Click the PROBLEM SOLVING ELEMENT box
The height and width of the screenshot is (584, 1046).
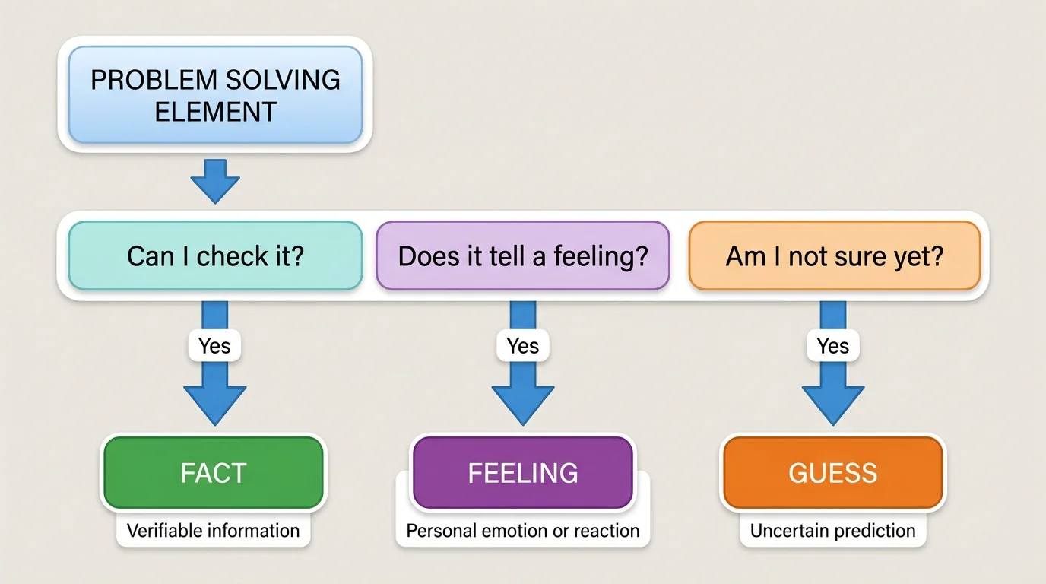[x=215, y=95]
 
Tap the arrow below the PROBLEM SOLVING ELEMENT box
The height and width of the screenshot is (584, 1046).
[x=215, y=181]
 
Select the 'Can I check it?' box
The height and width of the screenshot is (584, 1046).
[x=215, y=255]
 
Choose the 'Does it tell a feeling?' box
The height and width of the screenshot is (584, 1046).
[x=523, y=255]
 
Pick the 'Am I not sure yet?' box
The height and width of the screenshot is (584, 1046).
[x=834, y=255]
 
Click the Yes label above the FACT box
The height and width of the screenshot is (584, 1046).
[x=214, y=346]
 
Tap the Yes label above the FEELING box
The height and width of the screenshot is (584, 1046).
[x=523, y=346]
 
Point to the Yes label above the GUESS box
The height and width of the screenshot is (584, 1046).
[x=832, y=346]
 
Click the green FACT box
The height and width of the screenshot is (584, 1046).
[x=214, y=473]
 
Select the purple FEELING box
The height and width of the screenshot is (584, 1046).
[x=522, y=473]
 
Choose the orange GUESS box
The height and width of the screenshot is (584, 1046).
[x=832, y=473]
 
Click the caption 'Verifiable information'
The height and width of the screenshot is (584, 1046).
[x=214, y=530]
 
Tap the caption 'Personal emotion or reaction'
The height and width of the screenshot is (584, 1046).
[x=522, y=530]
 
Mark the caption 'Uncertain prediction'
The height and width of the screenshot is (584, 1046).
[x=832, y=530]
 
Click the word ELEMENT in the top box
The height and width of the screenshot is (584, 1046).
[x=215, y=112]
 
